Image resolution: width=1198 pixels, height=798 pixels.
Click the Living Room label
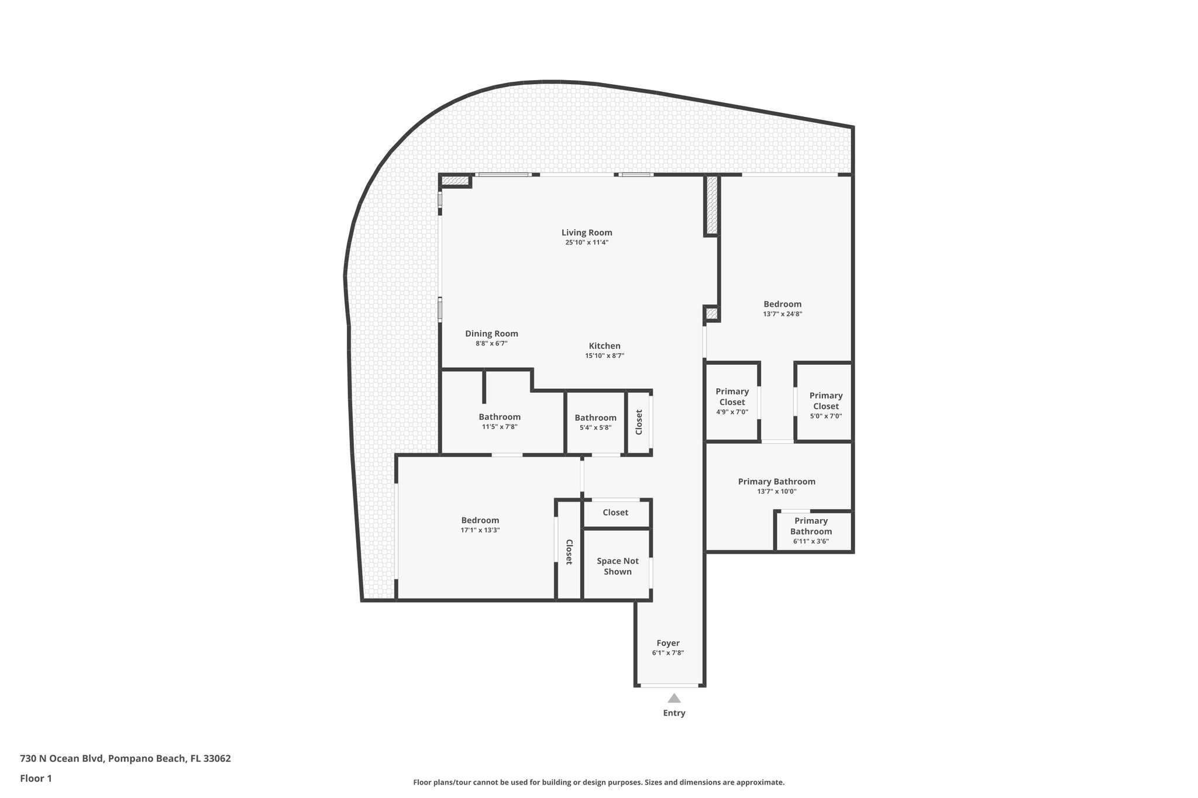coord(587,233)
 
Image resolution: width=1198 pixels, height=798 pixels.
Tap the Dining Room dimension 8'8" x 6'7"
coord(491,344)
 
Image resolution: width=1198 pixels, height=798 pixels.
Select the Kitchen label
coord(604,346)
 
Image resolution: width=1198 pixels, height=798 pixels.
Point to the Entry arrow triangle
coord(674,698)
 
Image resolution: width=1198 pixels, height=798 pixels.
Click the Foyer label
coord(668,643)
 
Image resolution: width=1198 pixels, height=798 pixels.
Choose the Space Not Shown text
coord(618,566)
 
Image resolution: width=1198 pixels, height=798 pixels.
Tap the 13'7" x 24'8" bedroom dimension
coord(782,314)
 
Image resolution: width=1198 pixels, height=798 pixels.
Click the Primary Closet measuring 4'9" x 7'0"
coord(732,401)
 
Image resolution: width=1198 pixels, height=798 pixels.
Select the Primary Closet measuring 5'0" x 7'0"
coord(825,405)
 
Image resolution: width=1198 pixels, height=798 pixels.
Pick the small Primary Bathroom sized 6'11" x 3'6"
coord(811,530)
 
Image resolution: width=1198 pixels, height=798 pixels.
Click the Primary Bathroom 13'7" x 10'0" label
coord(776,482)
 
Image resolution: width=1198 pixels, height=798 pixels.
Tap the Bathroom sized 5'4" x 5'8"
coord(595,422)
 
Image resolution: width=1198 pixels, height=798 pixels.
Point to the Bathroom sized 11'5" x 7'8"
coord(500,421)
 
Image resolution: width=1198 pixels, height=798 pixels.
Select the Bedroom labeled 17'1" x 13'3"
coord(480,524)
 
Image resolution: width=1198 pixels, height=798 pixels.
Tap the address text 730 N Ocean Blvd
coord(125,758)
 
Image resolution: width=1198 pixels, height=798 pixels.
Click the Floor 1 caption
coord(36,778)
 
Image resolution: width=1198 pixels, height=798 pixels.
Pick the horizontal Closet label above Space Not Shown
coord(615,513)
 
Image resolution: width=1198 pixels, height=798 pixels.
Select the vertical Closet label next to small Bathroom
coord(639,422)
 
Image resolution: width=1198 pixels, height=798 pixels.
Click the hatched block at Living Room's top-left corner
coord(456,181)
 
